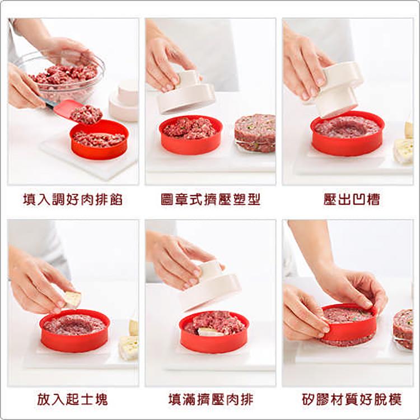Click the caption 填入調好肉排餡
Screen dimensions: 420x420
click(73, 200)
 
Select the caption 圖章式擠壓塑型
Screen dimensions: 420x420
click(211, 200)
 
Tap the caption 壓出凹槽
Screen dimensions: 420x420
click(347, 200)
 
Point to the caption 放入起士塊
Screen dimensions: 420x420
click(73, 399)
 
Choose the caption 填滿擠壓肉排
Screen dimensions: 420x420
click(211, 399)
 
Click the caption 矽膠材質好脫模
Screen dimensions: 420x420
click(347, 399)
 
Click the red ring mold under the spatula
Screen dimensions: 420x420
click(99, 140)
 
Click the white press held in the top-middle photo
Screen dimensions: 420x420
click(185, 92)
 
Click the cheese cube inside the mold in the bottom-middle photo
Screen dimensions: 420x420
click(207, 332)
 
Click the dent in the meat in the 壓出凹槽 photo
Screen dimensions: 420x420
click(347, 128)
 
